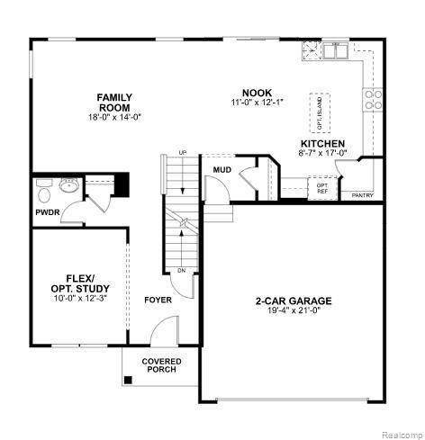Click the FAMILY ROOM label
coord(114,103)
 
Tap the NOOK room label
coord(258,93)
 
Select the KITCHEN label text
coord(323,143)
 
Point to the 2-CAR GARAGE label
coord(294,301)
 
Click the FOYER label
coord(158,300)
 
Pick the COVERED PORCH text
coord(161,365)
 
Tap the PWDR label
coord(48,212)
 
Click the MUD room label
coord(222,170)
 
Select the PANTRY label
coord(363,195)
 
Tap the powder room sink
coord(68,184)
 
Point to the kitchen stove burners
coord(373,100)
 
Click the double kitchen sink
coord(335,50)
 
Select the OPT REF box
coord(322,188)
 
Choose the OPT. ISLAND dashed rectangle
coord(320,112)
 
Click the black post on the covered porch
coord(128,380)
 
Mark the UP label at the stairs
coord(183,153)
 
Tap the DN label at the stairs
coord(181,271)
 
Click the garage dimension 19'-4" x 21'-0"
coord(293,310)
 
